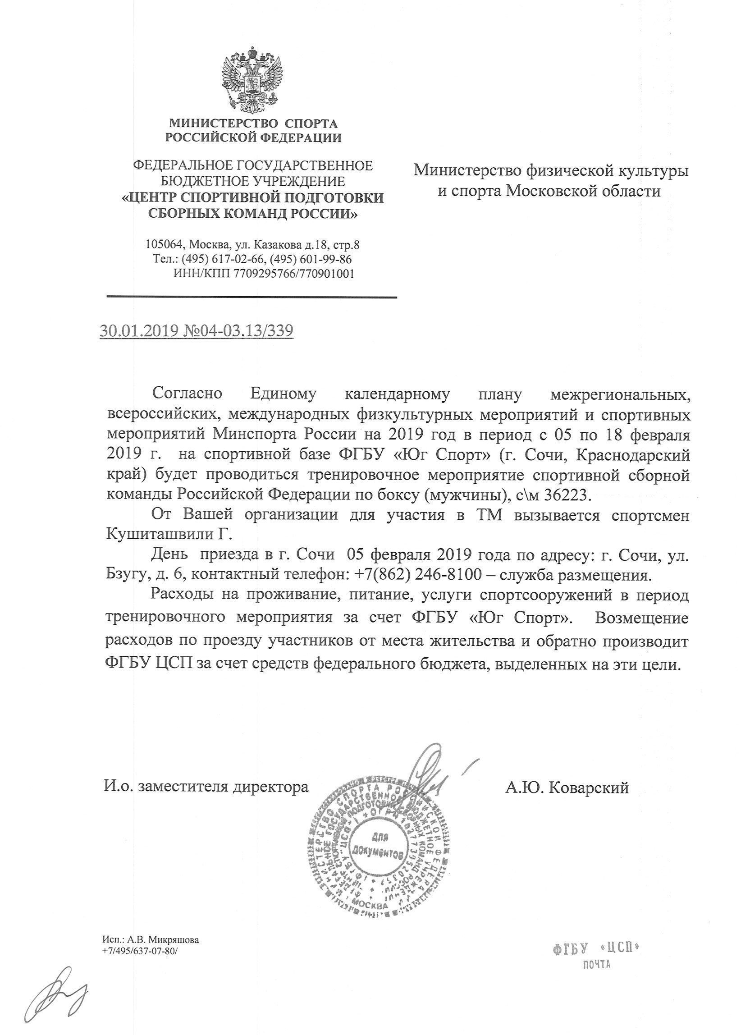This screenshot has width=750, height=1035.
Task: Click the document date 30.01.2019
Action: coord(137,331)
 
